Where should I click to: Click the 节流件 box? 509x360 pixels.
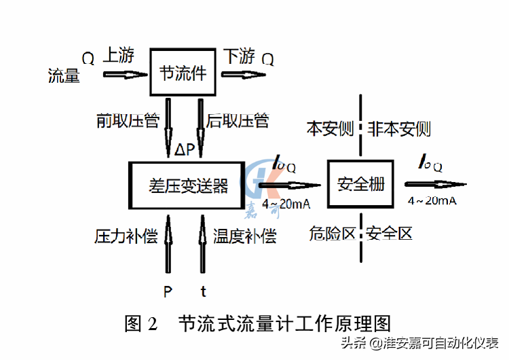point(183,72)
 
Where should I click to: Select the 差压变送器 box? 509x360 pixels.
point(187,185)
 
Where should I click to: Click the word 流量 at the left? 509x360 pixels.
point(64,75)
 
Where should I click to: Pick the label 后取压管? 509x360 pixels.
point(238,122)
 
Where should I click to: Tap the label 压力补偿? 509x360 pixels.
point(126,236)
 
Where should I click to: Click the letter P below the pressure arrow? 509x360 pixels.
point(168,292)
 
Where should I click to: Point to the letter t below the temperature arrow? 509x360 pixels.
point(203,292)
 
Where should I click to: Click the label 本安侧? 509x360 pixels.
point(328,128)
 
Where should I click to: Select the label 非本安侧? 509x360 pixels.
point(400,128)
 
